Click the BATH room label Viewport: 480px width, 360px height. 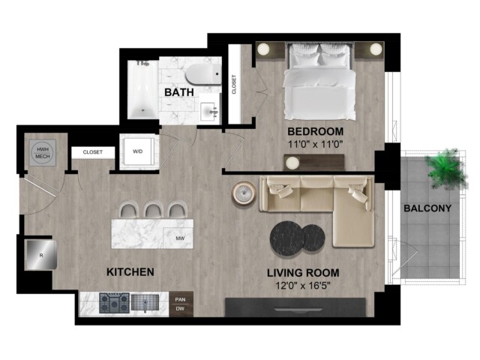(179, 91)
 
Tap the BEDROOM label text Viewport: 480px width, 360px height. (315, 131)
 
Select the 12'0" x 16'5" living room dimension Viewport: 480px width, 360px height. (303, 286)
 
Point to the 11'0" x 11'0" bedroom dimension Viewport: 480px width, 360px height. (315, 143)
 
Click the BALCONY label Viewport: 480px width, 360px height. (427, 208)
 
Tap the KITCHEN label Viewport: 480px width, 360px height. (130, 271)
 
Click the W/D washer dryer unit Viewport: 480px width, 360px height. (138, 151)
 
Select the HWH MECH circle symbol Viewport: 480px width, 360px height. (43, 152)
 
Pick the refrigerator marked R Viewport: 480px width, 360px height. (40, 255)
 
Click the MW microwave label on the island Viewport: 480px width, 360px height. (180, 238)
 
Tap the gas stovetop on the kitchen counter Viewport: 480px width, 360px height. (114, 303)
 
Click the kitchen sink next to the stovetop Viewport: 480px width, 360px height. (145, 302)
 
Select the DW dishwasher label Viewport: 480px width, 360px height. (180, 308)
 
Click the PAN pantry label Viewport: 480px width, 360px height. (180, 299)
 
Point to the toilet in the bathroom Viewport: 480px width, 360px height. (203, 74)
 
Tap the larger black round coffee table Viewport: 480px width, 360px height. (286, 238)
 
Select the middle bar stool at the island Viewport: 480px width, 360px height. (153, 210)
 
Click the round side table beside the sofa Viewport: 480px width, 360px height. (244, 193)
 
